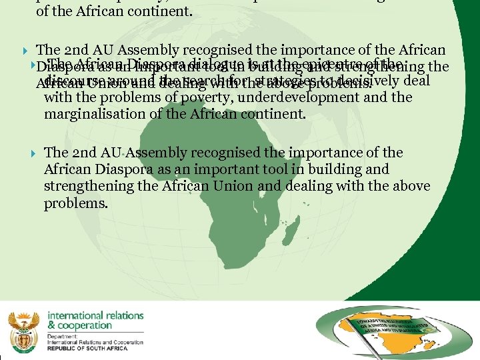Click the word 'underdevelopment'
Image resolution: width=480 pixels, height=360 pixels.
click(267, 97)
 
